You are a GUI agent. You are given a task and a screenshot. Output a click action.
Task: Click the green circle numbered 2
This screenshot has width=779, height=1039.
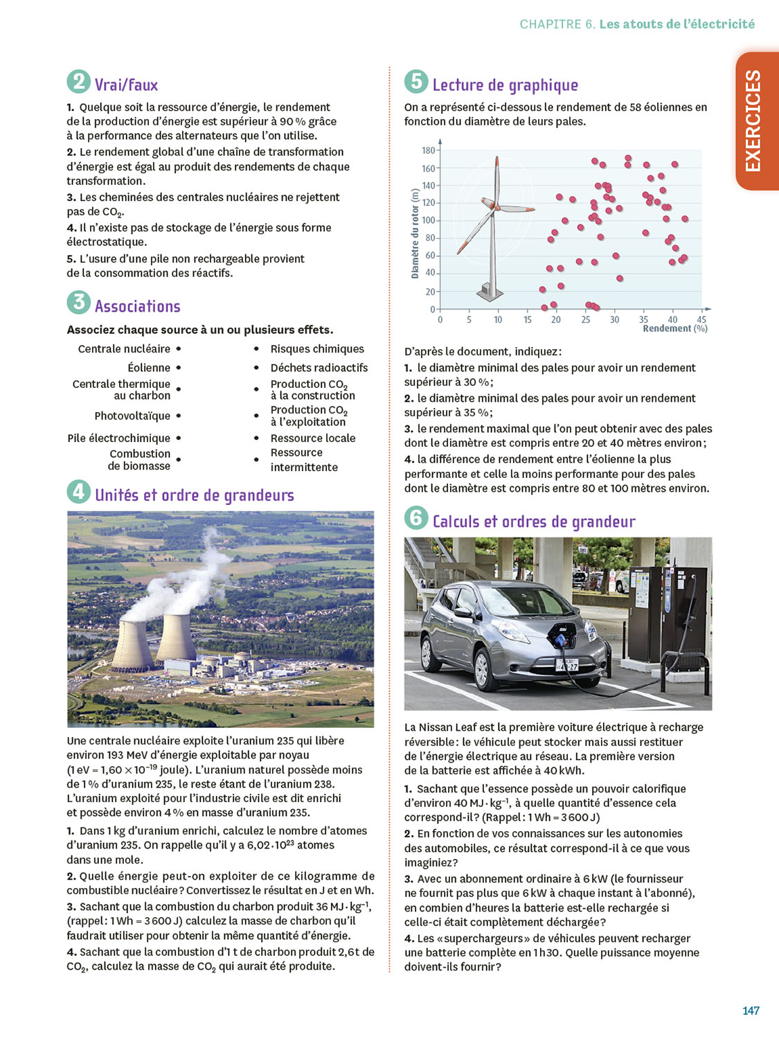78,82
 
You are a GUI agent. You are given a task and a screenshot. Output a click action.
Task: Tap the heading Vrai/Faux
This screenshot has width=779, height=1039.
126,85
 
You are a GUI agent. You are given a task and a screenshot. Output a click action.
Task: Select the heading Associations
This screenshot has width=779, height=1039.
137,307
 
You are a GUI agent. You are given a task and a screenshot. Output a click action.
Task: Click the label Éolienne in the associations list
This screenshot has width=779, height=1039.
149,368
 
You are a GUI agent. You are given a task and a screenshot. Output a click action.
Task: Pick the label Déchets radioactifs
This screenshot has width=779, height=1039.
319,368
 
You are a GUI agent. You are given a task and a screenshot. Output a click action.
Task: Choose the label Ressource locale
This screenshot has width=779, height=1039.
312,438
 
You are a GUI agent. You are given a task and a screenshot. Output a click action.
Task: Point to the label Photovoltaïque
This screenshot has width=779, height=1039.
132,416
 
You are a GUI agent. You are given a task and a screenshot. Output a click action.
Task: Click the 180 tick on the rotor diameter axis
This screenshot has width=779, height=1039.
429,150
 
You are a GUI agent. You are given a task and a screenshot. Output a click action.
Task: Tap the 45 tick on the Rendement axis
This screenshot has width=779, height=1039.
701,319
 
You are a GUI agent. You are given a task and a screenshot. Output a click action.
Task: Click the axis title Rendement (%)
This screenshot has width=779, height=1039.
674,329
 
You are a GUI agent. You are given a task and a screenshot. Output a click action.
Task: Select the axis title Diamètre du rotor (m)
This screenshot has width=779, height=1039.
415,233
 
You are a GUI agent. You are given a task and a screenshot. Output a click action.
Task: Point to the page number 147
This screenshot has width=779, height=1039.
751,1011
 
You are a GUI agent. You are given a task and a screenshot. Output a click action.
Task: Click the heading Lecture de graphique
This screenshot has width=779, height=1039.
505,85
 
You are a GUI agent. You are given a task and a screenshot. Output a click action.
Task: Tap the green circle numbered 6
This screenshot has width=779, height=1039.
416,517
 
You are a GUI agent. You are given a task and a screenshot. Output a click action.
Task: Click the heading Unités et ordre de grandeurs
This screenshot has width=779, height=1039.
194,495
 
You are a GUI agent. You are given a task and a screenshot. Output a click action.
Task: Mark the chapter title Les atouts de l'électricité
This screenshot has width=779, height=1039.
677,24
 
